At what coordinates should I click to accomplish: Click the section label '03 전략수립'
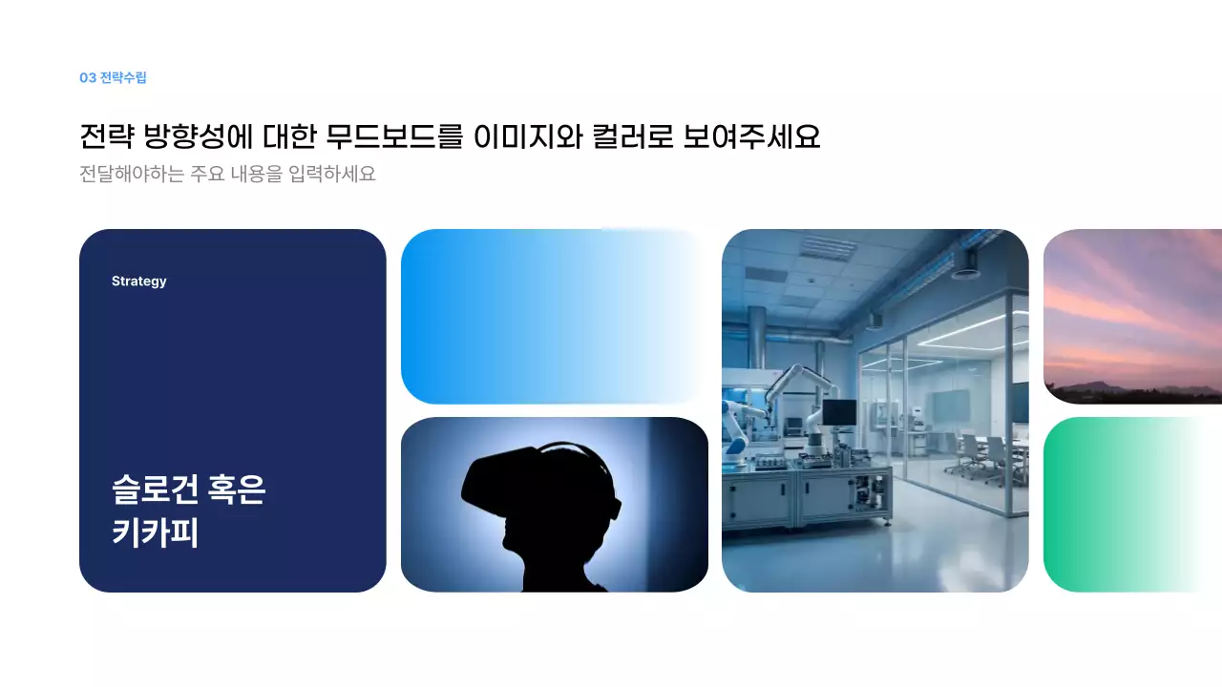(x=113, y=78)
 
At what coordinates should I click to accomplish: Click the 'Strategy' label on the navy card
(x=138, y=281)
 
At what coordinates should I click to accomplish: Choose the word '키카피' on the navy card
(x=155, y=532)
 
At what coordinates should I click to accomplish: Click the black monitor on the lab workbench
(x=838, y=412)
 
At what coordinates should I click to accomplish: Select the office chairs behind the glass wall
(x=983, y=456)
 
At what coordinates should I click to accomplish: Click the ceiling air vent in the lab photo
(x=827, y=247)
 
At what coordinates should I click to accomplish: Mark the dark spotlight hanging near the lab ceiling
(x=965, y=262)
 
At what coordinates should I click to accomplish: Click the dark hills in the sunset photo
(x=1127, y=392)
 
